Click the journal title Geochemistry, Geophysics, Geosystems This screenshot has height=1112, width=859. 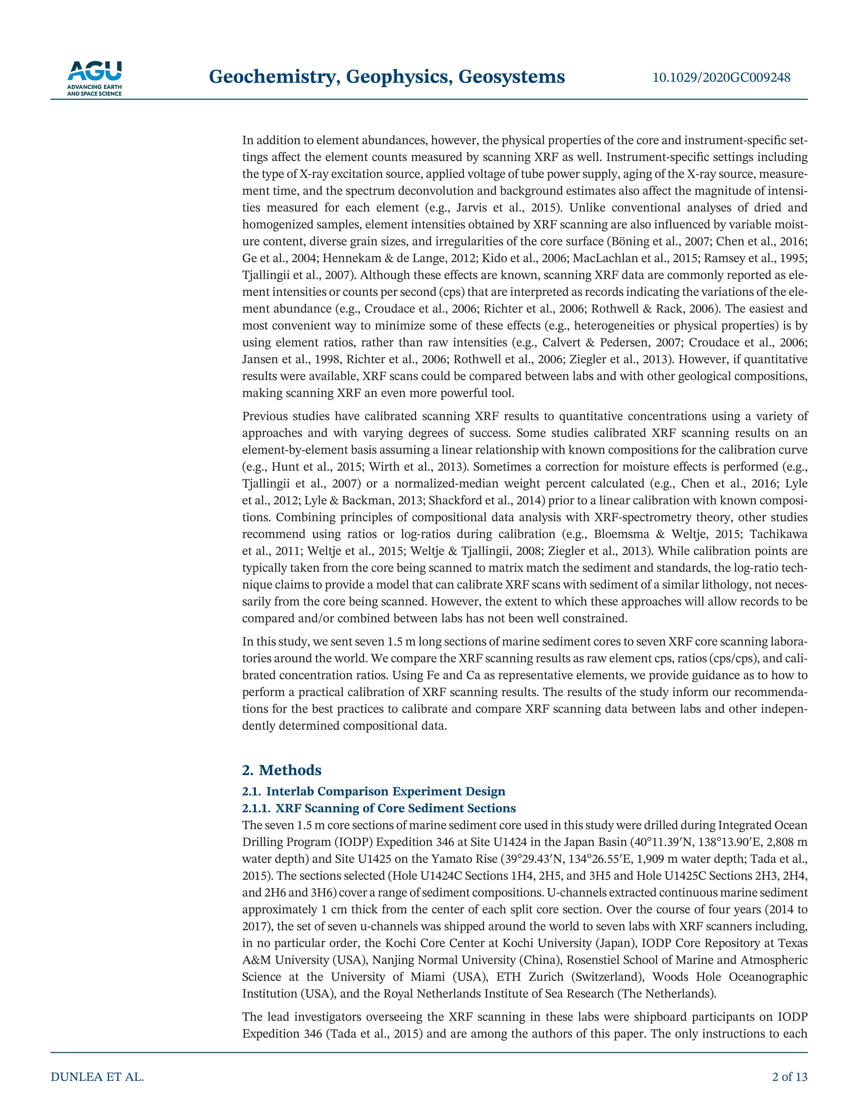tap(387, 77)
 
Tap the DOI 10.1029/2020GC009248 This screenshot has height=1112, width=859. tap(721, 77)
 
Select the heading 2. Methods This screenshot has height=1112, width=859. tap(281, 770)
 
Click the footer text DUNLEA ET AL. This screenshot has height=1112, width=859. tap(97, 1077)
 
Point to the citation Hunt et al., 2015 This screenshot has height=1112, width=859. tap(302, 467)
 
